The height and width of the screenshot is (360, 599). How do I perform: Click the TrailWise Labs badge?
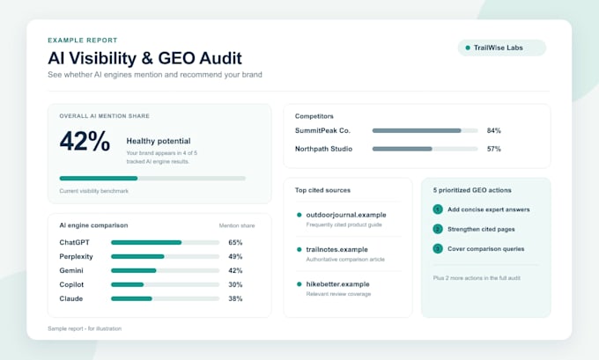tap(502, 48)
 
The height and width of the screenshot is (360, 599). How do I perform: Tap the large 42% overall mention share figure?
tap(85, 141)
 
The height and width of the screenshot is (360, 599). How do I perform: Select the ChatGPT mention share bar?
tap(165, 242)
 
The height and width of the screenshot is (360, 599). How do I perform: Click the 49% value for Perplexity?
tap(235, 256)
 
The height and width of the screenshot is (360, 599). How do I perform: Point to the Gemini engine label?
tap(71, 271)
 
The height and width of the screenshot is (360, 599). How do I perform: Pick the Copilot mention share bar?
tap(165, 285)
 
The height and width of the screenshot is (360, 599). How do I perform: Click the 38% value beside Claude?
tap(235, 298)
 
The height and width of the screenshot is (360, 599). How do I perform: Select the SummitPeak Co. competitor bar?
tap(425, 130)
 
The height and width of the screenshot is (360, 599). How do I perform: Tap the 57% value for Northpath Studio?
tap(493, 149)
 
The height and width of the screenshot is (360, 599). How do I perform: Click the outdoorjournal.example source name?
tap(346, 215)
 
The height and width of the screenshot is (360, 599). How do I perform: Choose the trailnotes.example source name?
tap(336, 250)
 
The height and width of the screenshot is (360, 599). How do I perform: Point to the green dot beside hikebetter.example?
tap(299, 284)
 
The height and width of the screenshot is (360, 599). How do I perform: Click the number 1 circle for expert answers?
tap(438, 209)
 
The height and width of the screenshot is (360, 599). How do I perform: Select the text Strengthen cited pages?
tap(481, 230)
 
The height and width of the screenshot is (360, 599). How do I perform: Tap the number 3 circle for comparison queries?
tap(438, 249)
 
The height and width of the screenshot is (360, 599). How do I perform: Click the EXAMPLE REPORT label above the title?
tap(83, 40)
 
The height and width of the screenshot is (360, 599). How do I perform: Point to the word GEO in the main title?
tap(176, 58)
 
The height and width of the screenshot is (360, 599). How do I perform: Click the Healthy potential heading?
tap(159, 141)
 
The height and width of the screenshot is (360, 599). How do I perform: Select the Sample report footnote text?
tap(85, 328)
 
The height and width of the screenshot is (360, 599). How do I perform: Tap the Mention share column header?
tap(237, 225)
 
